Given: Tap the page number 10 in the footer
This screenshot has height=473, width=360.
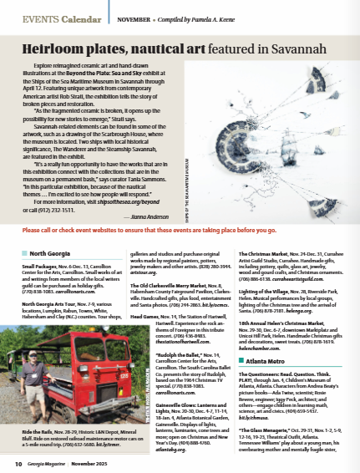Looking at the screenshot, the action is coord(18,461).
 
